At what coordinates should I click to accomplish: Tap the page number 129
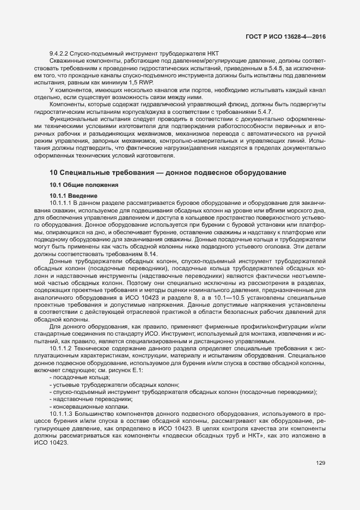tap(321, 464)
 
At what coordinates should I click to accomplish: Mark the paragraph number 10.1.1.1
tap(62, 203)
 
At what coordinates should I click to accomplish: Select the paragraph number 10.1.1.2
tap(62, 348)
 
